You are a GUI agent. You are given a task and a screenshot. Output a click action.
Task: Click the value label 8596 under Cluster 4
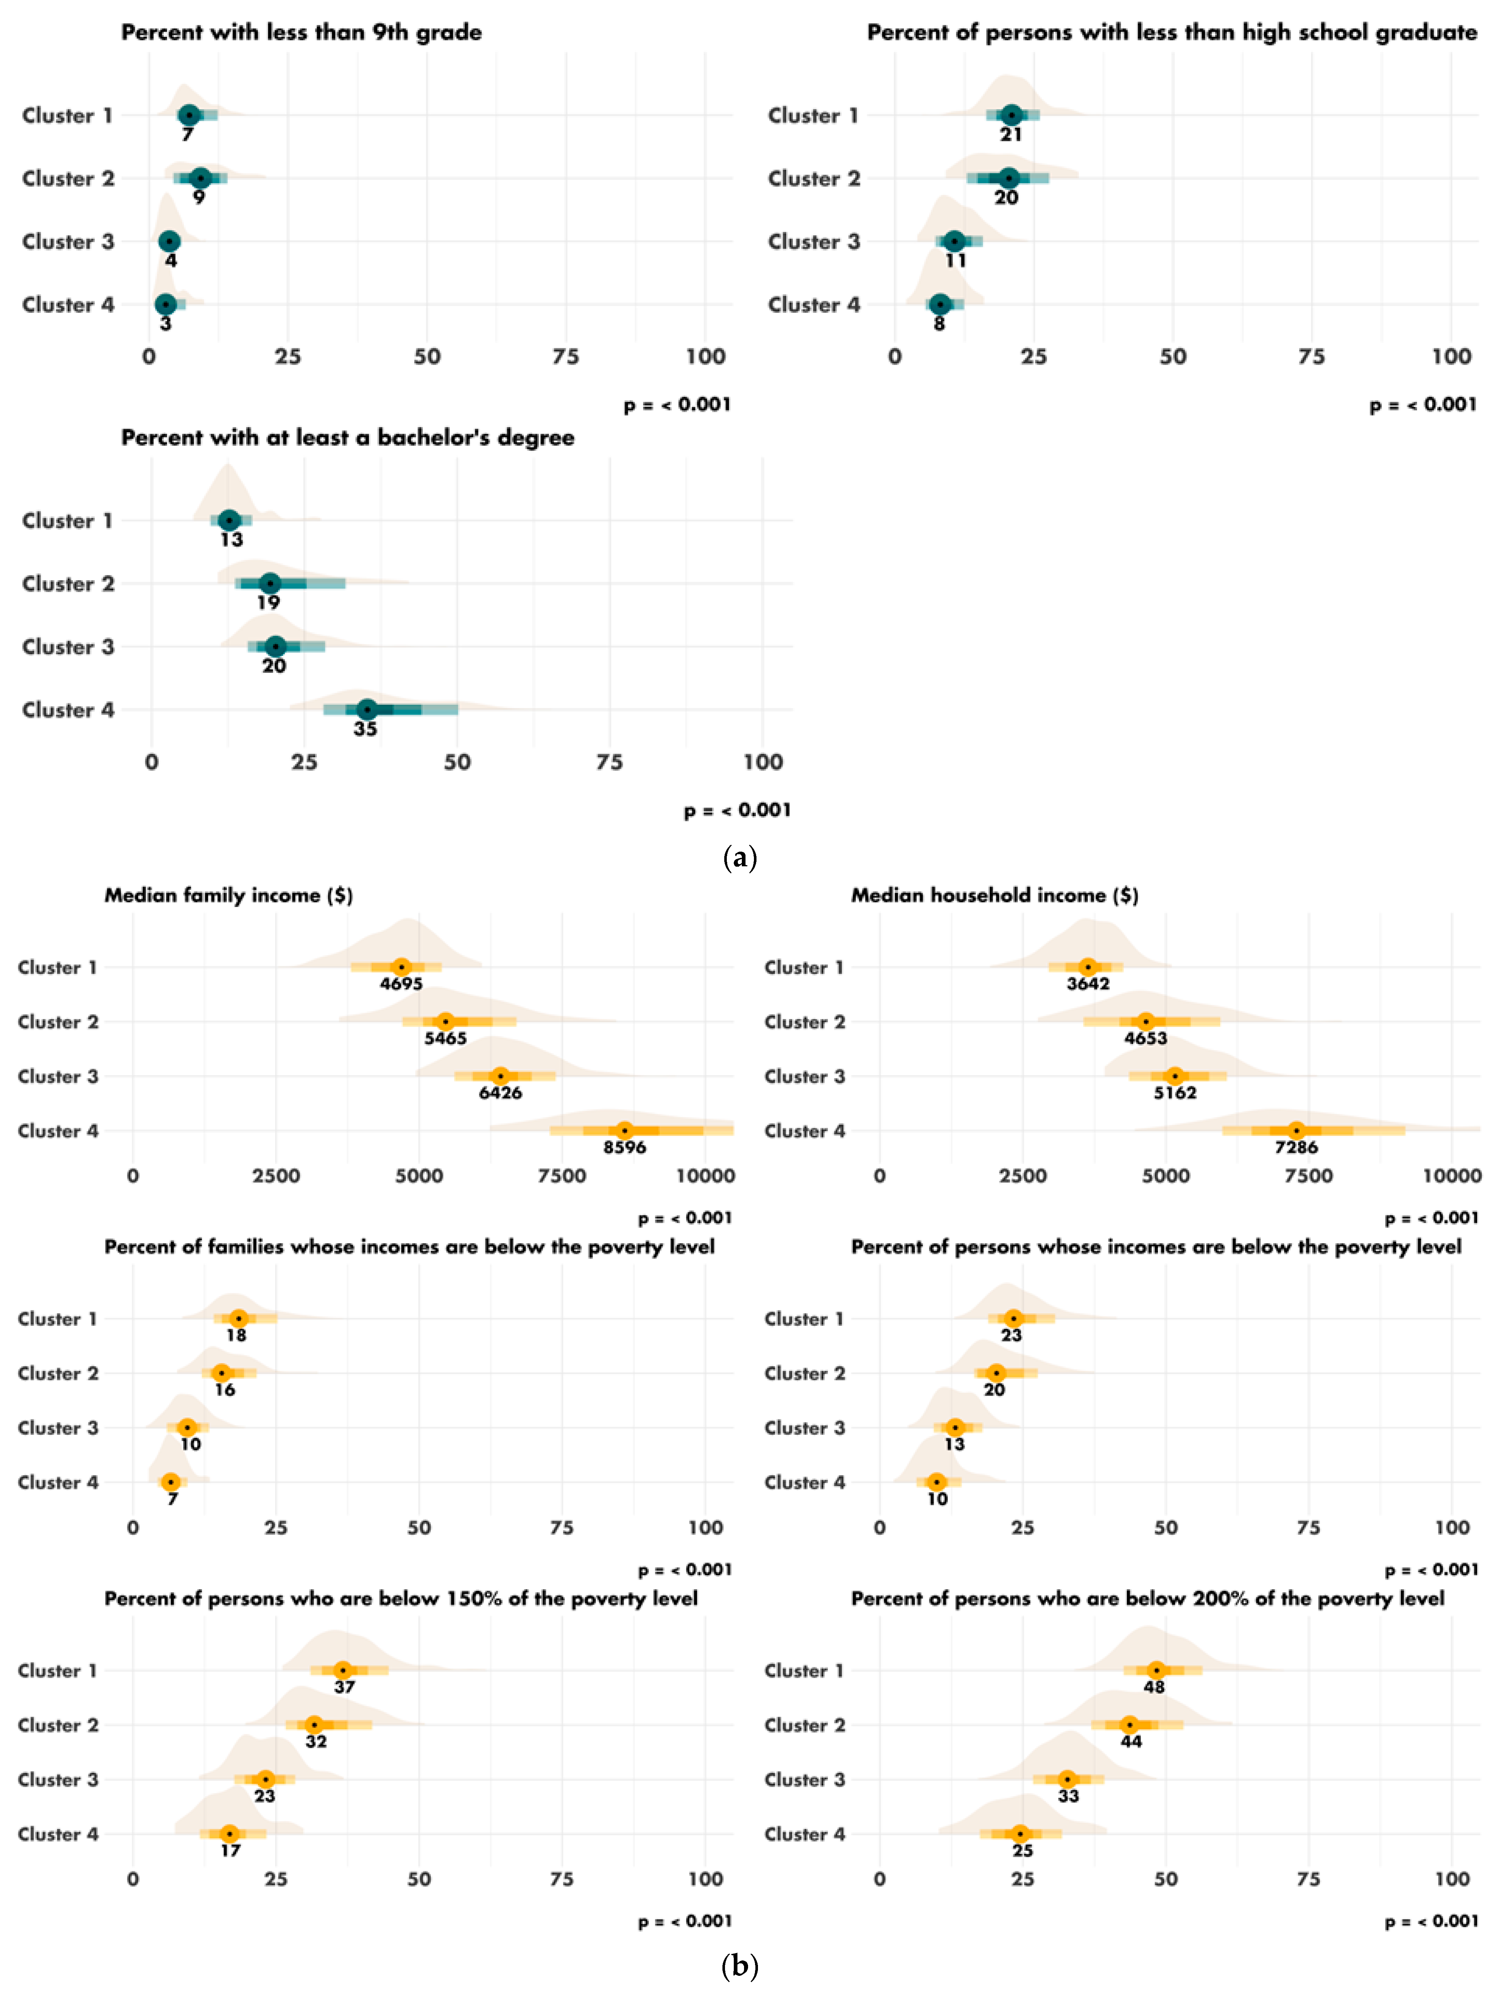pos(625,1147)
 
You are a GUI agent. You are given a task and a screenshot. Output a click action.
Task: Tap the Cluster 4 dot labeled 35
pos(366,710)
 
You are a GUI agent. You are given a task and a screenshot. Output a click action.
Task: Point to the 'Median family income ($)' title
pos(229,895)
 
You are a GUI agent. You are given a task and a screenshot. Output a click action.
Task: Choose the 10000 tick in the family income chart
pos(705,1176)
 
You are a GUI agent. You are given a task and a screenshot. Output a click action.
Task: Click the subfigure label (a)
pos(741,857)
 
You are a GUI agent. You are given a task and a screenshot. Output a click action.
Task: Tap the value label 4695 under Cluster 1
pos(402,984)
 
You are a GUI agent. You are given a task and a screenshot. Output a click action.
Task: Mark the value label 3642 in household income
pos(1088,984)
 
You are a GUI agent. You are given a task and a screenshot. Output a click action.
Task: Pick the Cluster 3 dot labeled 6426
pos(500,1076)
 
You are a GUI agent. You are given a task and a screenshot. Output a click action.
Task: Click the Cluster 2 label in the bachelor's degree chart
pos(69,584)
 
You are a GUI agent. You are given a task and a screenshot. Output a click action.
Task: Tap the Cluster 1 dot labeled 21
pos(1011,115)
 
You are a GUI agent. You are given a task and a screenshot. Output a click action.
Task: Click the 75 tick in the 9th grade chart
pos(566,356)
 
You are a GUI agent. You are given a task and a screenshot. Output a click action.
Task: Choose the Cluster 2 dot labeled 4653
pos(1146,1022)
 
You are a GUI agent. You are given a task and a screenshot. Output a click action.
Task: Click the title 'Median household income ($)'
pos(995,895)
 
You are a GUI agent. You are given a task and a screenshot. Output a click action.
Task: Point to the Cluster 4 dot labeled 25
pos(1021,1834)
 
